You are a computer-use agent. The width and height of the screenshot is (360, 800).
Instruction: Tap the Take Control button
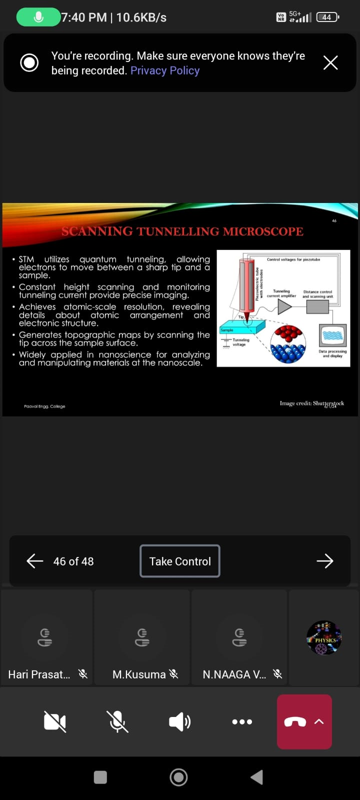pyautogui.click(x=180, y=561)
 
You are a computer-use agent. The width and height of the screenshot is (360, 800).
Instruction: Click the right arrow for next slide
pyautogui.click(x=325, y=561)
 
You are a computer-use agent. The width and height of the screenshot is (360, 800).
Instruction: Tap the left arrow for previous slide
pyautogui.click(x=35, y=561)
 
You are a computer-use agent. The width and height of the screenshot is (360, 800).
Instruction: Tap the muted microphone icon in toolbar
pyautogui.click(x=117, y=721)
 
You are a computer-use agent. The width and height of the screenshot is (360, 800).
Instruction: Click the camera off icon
pyautogui.click(x=55, y=721)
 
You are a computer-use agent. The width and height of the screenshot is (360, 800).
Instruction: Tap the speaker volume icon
pyautogui.click(x=179, y=721)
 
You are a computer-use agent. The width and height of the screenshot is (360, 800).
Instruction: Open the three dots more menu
pyautogui.click(x=242, y=721)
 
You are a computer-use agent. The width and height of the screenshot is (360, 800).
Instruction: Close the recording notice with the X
pyautogui.click(x=330, y=62)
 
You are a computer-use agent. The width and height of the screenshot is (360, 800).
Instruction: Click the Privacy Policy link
pyautogui.click(x=165, y=70)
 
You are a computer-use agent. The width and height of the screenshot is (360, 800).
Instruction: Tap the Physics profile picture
pyautogui.click(x=324, y=638)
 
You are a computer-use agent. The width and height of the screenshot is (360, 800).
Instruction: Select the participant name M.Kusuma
pyautogui.click(x=139, y=674)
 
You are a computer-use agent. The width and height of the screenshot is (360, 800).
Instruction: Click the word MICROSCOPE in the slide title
pyautogui.click(x=263, y=231)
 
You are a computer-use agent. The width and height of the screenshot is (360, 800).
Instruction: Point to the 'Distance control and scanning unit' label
pyautogui.click(x=317, y=294)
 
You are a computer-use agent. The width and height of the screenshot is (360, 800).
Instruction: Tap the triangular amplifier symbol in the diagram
pyautogui.click(x=284, y=306)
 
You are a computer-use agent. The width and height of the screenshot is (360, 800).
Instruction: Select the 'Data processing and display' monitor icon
pyautogui.click(x=332, y=335)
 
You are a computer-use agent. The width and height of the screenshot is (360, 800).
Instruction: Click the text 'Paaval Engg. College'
pyautogui.click(x=44, y=406)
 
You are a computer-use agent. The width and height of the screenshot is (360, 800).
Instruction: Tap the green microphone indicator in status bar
pyautogui.click(x=38, y=17)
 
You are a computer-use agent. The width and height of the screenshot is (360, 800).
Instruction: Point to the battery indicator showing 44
pyautogui.click(x=327, y=17)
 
